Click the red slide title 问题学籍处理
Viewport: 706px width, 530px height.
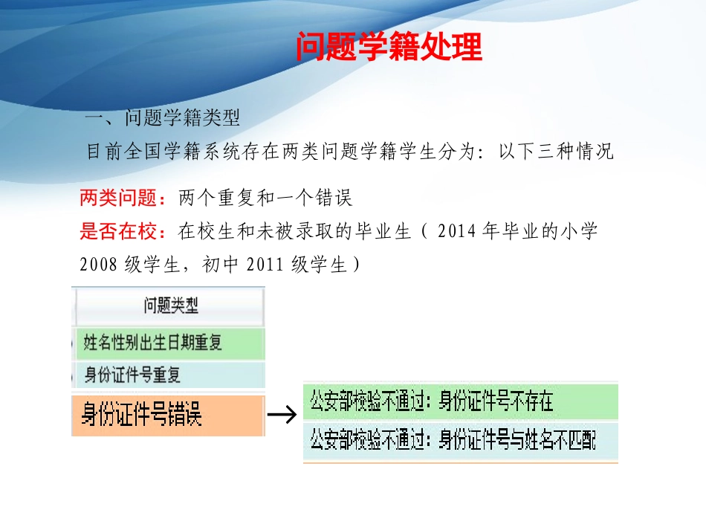[x=389, y=47]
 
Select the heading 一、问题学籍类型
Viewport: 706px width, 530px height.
[x=163, y=118]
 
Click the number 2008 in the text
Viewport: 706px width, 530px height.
[x=99, y=265]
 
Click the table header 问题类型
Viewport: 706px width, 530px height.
[x=170, y=305]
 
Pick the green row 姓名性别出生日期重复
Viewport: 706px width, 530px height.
[x=169, y=343]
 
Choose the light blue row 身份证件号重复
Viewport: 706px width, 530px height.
[x=169, y=375]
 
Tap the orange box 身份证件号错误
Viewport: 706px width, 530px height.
[x=168, y=415]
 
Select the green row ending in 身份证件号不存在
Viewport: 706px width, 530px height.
[x=460, y=402]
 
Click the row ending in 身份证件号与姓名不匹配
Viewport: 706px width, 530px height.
[x=460, y=439]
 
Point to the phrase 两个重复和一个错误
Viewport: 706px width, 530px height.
[x=265, y=198]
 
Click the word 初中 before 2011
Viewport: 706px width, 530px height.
[x=221, y=265]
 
